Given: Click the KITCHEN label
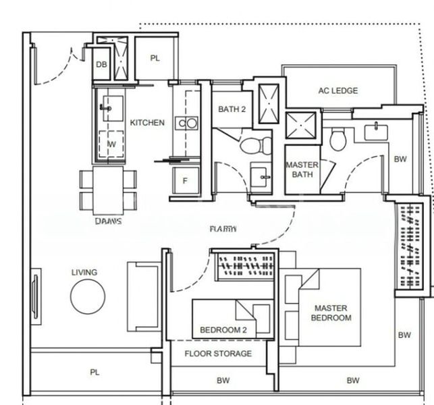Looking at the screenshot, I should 146,123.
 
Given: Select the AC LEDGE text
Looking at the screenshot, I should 337,91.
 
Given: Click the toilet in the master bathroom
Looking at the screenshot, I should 337,139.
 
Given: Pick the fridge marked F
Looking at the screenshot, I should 184,182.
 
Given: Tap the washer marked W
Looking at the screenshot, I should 111,144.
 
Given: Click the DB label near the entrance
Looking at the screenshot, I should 101,65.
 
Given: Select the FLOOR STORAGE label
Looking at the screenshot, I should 218,354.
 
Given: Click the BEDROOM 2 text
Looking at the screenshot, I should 223,331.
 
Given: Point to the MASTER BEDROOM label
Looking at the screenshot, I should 331,313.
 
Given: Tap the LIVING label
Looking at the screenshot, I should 84,273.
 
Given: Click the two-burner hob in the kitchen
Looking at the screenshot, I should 186,123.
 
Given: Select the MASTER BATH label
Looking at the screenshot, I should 301,169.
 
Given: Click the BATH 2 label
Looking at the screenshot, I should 232,109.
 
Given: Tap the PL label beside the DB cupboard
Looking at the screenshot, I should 155,59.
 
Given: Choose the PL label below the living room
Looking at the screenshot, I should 94,373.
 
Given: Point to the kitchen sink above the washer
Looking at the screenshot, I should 108,107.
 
